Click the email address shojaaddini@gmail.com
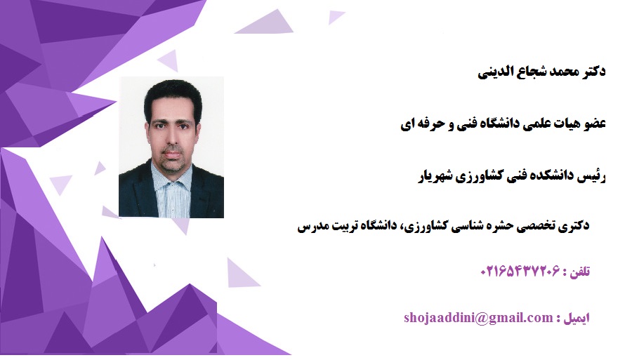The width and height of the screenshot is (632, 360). tap(478, 318)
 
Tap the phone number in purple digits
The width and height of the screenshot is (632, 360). tap(520, 271)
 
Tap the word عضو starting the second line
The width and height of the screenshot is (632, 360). tap(595, 124)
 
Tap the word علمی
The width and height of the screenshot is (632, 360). tap(539, 124)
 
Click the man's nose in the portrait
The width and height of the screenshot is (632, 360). tap(173, 140)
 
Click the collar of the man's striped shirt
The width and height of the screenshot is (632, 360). tap(171, 175)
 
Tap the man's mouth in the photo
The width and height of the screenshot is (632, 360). tap(173, 155)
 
